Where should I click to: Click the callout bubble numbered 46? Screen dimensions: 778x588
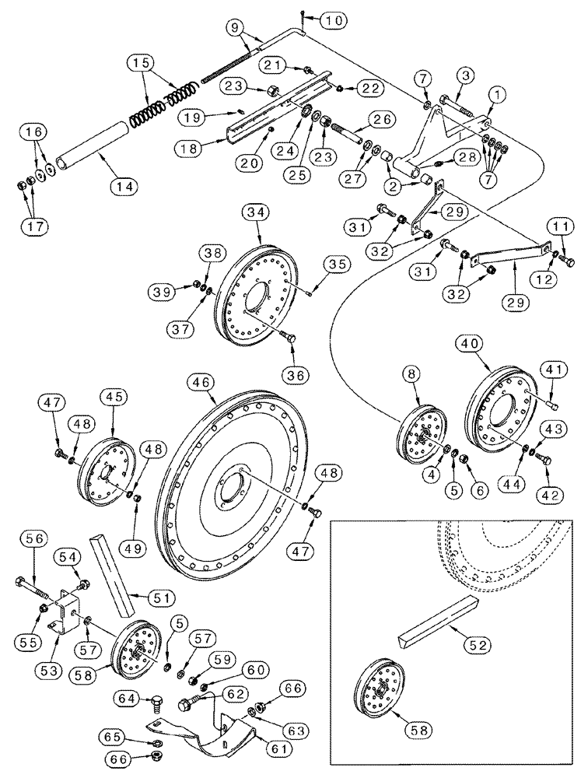coord(201,382)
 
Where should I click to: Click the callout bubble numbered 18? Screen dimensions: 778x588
coord(187,146)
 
